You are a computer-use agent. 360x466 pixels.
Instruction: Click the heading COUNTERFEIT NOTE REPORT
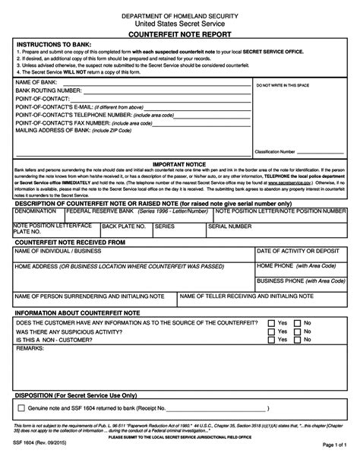(x=180, y=36)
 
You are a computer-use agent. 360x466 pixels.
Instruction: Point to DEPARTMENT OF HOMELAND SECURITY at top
(x=180, y=15)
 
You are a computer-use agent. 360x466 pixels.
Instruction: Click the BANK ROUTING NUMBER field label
(x=49, y=90)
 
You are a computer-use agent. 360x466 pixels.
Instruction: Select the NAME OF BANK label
(x=37, y=81)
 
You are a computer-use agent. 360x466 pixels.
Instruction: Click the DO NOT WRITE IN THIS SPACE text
(x=293, y=87)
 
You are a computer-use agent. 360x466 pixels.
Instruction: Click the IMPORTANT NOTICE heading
(x=179, y=163)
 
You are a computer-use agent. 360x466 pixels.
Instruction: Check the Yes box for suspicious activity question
(x=270, y=331)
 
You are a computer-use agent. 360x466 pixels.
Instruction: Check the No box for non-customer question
(x=297, y=340)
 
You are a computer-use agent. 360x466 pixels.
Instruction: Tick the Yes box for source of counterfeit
(x=270, y=323)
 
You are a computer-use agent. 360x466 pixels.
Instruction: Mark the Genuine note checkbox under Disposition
(x=21, y=408)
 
